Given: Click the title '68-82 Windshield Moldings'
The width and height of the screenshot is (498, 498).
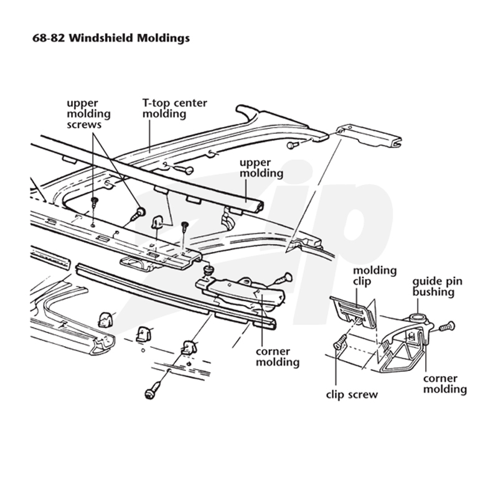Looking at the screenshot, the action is click(x=111, y=39).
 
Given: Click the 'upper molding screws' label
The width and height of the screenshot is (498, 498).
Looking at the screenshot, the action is click(x=88, y=114).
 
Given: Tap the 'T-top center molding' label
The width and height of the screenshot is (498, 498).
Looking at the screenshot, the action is click(x=175, y=108).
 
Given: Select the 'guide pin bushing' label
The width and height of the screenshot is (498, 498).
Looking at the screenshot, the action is click(x=438, y=286).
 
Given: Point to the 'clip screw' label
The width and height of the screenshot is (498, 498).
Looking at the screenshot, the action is click(x=352, y=395).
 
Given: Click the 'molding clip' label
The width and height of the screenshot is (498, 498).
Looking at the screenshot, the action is click(x=375, y=276).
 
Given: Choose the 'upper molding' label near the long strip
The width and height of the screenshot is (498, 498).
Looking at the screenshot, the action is click(x=261, y=168).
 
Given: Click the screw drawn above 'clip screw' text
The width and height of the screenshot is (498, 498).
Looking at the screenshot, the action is click(x=341, y=342).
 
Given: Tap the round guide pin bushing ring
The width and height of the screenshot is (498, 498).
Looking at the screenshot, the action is click(x=418, y=317).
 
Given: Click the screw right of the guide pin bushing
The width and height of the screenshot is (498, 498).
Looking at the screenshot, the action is click(x=447, y=326).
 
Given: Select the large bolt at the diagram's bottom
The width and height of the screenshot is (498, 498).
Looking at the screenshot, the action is click(x=153, y=390).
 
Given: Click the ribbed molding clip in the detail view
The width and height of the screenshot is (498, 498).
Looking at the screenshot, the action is click(x=352, y=311).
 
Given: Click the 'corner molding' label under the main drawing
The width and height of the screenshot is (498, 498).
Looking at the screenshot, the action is click(x=278, y=357).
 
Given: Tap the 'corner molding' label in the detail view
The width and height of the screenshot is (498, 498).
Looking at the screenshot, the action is click(x=445, y=384).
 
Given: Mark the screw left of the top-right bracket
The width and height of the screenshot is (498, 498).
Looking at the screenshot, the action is click(x=293, y=145).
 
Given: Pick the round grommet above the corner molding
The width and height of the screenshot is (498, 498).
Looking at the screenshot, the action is click(x=208, y=270).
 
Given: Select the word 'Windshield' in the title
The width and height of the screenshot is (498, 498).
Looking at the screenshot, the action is click(x=101, y=39).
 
